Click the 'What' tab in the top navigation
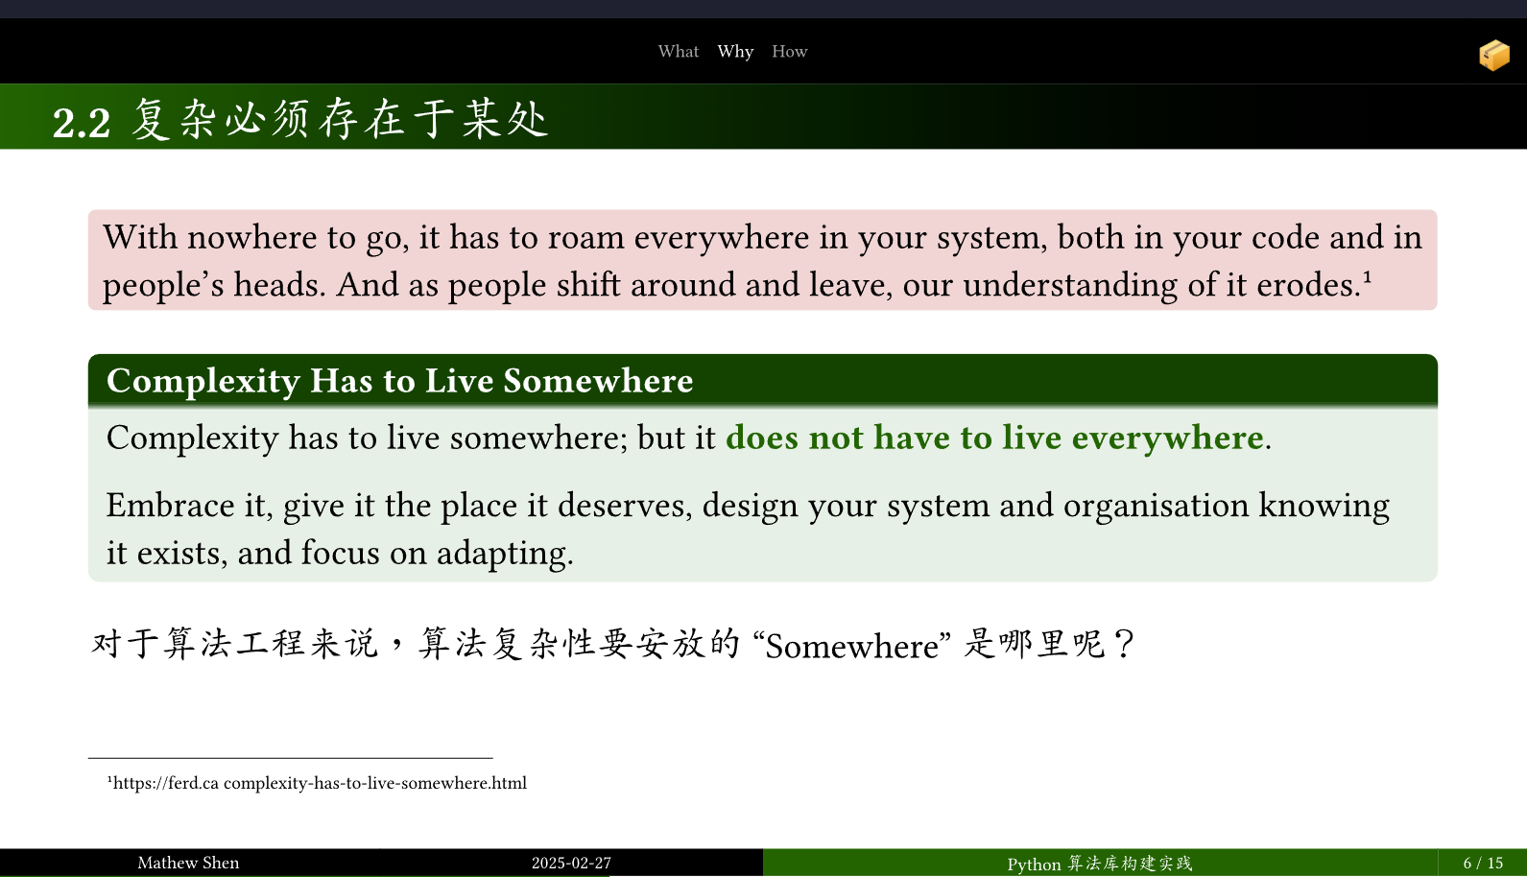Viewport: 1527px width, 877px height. pyautogui.click(x=679, y=52)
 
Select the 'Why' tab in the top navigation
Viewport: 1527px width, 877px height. pyautogui.click(x=735, y=53)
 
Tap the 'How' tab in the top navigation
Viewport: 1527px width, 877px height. pyautogui.click(x=789, y=52)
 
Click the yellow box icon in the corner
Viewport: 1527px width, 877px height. pyautogui.click(x=1494, y=56)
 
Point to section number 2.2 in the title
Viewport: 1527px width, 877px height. pyautogui.click(x=82, y=124)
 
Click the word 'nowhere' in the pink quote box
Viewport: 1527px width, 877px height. pyautogui.click(x=251, y=237)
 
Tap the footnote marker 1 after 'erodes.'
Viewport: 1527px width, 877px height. pyautogui.click(x=1367, y=276)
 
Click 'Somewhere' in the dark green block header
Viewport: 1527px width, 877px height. pyautogui.click(x=598, y=380)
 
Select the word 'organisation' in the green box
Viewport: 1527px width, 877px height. pyautogui.click(x=1156, y=507)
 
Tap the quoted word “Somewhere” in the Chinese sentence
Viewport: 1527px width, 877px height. pyautogui.click(x=852, y=646)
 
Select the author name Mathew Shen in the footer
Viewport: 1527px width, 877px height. pyautogui.click(x=188, y=863)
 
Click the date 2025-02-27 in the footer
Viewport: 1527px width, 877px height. pyautogui.click(x=571, y=863)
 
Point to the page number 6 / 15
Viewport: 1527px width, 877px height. pyautogui.click(x=1483, y=863)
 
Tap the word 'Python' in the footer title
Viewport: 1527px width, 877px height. pyautogui.click(x=1034, y=865)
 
